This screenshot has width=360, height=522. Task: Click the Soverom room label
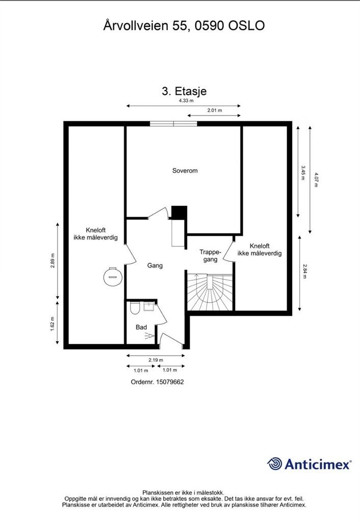tap(185, 170)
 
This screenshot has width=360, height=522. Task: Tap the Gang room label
tap(155, 265)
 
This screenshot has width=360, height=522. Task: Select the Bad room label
tap(141, 327)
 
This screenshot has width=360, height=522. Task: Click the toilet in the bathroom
tap(135, 308)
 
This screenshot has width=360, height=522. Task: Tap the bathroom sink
tap(148, 306)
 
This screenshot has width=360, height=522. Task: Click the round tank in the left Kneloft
tap(113, 276)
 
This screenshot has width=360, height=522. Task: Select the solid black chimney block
tap(179, 213)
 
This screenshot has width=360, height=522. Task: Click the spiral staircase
tap(210, 292)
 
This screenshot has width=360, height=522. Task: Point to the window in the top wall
tap(173, 124)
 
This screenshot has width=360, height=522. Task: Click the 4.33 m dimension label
tap(186, 100)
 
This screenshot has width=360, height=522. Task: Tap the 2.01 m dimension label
tap(215, 110)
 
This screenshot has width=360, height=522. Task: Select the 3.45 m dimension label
tap(303, 172)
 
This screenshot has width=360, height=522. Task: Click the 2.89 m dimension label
tap(53, 260)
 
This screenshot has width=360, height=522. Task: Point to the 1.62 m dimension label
tap(53, 324)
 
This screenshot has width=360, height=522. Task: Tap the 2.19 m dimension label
tap(156, 360)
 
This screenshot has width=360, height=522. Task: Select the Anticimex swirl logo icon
tap(275, 464)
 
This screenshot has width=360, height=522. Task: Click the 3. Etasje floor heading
tap(184, 91)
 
